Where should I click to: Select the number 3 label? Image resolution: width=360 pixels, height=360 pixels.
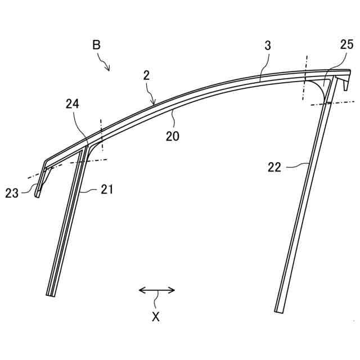268,46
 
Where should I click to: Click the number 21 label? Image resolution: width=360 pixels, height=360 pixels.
107,190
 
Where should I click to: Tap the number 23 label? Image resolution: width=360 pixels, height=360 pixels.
12,193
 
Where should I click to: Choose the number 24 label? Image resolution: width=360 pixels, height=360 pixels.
73,103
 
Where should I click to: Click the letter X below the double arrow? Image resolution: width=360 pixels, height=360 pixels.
156,317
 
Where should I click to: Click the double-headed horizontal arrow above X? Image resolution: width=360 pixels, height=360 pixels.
157,290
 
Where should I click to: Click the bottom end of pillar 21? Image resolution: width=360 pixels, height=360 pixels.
51,294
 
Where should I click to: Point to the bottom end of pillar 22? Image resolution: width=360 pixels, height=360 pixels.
280,310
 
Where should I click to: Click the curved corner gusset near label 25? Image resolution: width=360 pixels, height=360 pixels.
319,88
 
